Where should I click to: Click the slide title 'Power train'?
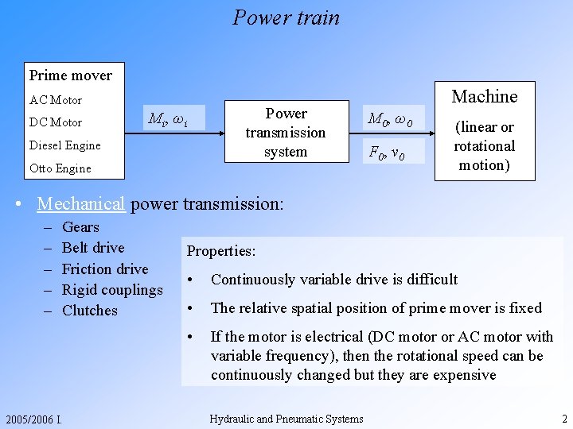[286, 17]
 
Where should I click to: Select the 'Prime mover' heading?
[71, 75]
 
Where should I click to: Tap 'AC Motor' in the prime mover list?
[56, 100]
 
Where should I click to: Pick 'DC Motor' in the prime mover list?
[56, 122]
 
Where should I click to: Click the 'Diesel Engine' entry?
[65, 145]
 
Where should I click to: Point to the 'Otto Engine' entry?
[60, 168]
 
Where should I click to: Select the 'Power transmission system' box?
[286, 133]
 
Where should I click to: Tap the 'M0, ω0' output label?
[389, 119]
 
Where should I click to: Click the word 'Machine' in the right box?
[484, 97]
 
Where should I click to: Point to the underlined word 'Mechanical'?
[81, 203]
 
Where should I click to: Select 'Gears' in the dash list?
[80, 227]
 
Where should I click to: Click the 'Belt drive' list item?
[93, 248]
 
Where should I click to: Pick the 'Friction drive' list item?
[105, 269]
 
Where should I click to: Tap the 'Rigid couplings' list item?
[112, 290]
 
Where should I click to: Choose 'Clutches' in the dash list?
[89, 311]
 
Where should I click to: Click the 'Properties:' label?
[221, 251]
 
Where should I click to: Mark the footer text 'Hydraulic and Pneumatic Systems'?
[286, 419]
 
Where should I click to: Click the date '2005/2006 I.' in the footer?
[34, 419]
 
